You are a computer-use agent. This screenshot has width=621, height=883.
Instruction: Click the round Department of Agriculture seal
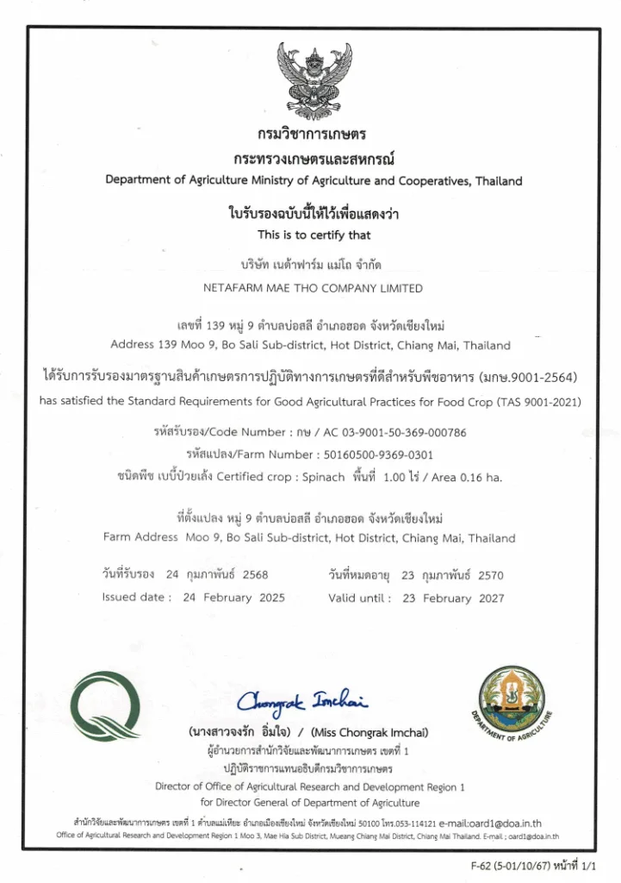click(x=512, y=704)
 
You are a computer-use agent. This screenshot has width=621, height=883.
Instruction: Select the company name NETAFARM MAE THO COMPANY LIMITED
click(x=313, y=288)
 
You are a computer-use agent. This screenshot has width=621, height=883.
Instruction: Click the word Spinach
click(x=326, y=477)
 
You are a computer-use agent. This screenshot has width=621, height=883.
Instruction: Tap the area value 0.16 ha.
click(x=487, y=477)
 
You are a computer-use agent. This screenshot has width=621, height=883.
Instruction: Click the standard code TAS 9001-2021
click(x=532, y=401)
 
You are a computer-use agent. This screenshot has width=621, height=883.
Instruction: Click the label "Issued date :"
click(x=136, y=598)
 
